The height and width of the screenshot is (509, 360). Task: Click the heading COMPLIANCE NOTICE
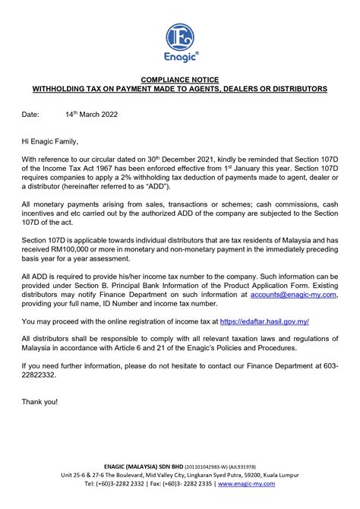point(180,79)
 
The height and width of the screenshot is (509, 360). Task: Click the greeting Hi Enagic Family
point(50,141)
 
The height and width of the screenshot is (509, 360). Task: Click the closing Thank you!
point(39,400)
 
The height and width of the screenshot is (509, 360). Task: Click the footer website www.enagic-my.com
point(248,483)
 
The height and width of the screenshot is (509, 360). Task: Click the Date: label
point(30,115)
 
